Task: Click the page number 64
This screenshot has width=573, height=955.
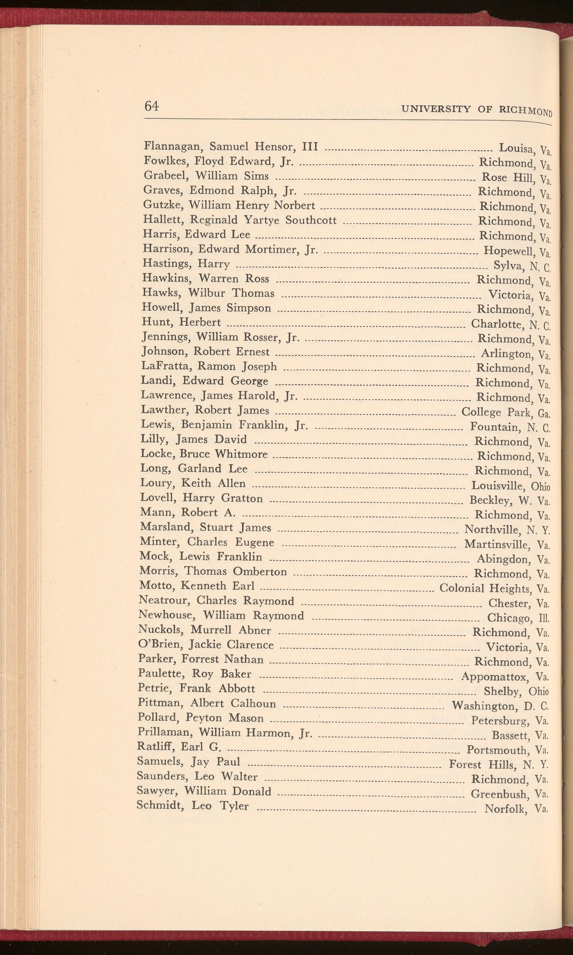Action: (x=151, y=106)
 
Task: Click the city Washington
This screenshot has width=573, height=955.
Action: (x=484, y=706)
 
